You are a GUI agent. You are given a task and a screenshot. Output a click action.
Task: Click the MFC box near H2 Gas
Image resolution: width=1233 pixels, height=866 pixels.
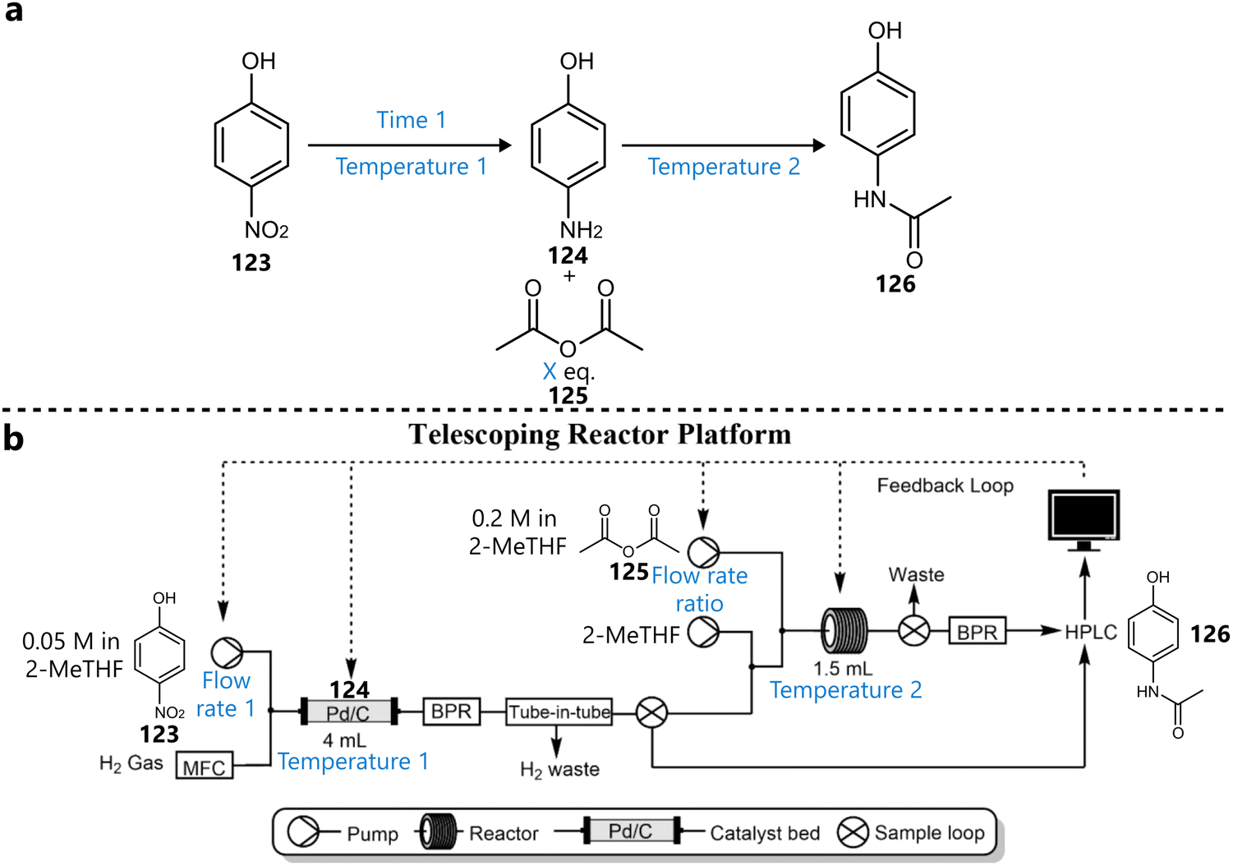205,767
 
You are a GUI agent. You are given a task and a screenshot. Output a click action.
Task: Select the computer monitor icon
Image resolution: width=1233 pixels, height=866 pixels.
1084,515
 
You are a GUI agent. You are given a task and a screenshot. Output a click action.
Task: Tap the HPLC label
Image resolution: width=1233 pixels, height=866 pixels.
1091,632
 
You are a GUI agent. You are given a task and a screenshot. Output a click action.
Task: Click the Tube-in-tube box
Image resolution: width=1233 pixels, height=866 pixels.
559,712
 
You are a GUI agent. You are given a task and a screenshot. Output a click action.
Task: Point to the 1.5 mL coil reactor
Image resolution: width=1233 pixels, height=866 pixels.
844,631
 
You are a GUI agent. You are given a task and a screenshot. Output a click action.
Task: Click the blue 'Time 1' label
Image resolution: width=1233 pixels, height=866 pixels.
411,120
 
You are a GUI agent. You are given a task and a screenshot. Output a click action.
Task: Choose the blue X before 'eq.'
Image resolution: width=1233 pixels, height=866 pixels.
550,371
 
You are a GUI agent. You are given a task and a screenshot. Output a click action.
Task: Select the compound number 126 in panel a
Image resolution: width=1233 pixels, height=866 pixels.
895,284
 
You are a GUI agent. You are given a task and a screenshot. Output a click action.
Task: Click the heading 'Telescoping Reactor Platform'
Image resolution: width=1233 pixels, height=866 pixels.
600,434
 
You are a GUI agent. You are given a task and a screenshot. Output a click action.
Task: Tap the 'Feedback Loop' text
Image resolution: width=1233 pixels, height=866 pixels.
945,486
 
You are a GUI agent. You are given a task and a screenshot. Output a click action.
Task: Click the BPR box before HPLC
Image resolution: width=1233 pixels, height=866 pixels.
978,632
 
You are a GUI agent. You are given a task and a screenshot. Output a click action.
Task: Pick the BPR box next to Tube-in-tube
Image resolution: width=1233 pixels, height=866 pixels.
451,712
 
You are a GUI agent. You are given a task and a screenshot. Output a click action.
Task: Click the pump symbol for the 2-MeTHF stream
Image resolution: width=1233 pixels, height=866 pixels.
702,633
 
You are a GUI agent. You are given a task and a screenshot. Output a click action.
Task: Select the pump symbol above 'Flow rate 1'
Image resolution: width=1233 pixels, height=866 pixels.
227,652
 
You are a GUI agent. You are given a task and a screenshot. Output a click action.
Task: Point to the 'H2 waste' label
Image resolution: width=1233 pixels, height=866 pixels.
559,770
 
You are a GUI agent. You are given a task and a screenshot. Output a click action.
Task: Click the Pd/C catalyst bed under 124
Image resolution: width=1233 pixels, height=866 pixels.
349,712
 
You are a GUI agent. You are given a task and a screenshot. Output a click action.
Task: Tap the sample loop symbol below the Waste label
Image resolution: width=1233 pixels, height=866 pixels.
913,631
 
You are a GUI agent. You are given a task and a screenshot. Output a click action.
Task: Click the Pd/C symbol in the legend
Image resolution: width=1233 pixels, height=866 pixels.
630,831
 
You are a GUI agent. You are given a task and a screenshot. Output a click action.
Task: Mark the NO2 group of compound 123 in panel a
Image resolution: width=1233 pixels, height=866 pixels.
266,231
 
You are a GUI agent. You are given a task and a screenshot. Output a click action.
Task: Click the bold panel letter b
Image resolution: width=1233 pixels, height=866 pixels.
13,439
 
